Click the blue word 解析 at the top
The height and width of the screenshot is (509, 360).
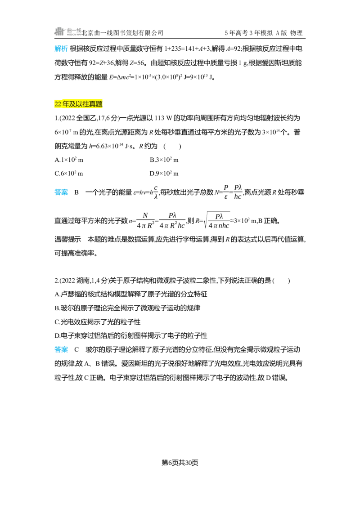[61, 49]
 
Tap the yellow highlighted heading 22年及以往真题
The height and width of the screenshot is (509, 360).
[78, 104]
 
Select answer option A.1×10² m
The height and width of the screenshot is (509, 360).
[69, 160]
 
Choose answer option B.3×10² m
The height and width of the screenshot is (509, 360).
[164, 160]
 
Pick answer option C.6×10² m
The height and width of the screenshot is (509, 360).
[69, 174]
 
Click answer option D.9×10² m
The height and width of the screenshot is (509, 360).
[164, 174]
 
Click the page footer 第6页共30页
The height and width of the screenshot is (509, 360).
[180, 463]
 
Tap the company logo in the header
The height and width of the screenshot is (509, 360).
[67, 31]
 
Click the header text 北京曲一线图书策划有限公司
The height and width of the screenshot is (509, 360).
[122, 33]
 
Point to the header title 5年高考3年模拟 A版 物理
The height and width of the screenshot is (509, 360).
[264, 33]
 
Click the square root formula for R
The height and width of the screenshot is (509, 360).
[212, 221]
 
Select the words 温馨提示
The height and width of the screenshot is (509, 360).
[67, 240]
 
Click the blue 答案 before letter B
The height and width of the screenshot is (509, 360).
[61, 192]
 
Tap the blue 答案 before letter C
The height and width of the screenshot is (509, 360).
[61, 350]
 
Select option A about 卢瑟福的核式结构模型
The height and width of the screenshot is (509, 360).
[131, 294]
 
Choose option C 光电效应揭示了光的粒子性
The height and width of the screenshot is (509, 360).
[98, 322]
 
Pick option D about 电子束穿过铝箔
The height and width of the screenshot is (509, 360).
[131, 335]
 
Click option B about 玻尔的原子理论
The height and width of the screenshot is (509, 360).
[127, 308]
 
